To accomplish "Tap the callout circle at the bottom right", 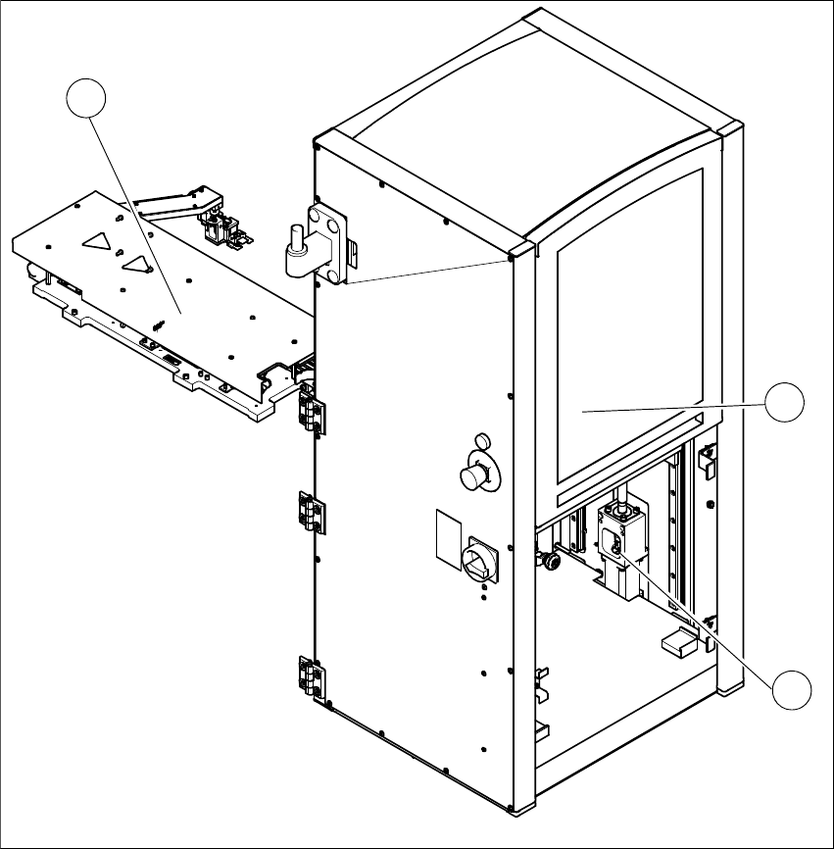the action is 791,691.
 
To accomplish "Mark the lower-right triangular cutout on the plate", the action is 136,262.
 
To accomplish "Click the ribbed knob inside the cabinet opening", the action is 551,561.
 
